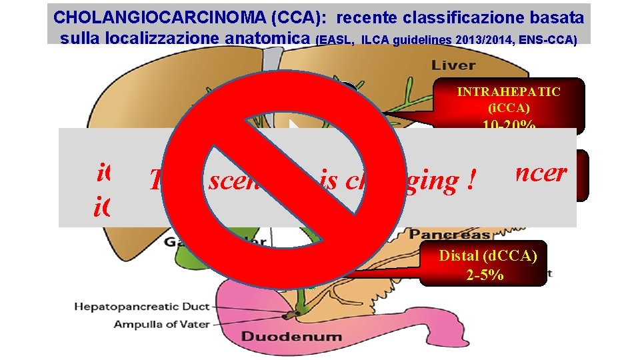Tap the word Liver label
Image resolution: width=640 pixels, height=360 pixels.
pos(453,65)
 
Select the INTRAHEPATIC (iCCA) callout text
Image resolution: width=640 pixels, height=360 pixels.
pos(509,99)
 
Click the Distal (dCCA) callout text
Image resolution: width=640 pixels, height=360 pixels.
pos(488,255)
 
